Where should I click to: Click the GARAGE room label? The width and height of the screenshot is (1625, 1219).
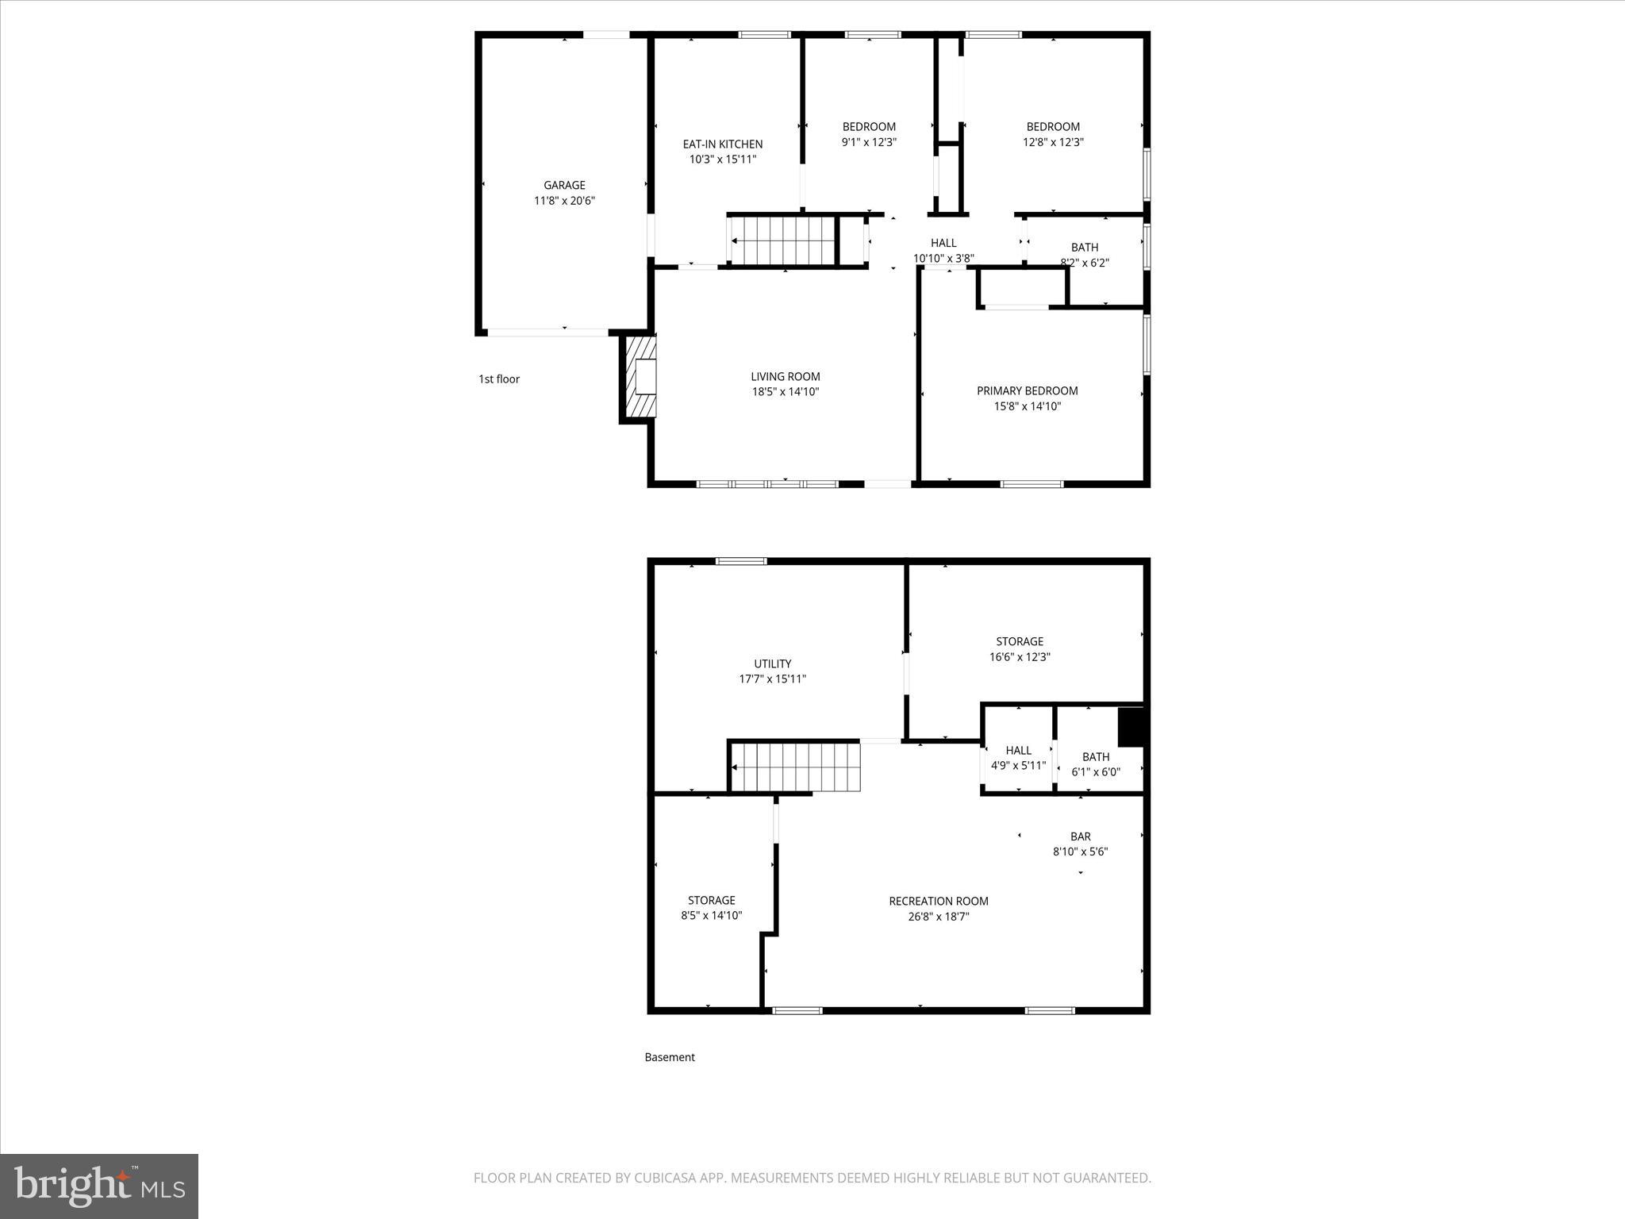564,185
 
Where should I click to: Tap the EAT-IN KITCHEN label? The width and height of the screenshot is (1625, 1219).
722,144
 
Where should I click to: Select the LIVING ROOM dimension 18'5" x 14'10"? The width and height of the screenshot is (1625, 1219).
785,392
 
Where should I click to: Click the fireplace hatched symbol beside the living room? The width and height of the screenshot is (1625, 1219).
641,376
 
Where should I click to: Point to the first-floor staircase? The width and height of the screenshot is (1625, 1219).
782,240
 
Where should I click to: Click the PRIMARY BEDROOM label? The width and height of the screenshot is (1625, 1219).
1027,390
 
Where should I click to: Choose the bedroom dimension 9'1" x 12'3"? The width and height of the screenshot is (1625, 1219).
869,142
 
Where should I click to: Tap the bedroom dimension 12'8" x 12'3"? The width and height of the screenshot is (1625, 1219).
1053,142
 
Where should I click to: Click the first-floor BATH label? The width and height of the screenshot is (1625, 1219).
1085,248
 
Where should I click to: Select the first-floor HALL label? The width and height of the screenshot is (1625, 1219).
943,243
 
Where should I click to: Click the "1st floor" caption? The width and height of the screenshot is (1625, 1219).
499,379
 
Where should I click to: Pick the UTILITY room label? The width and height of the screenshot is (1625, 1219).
772,663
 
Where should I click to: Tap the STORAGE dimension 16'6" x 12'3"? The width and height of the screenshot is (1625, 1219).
1020,657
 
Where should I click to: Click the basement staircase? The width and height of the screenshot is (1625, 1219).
795,767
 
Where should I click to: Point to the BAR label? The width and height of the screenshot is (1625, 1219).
1080,836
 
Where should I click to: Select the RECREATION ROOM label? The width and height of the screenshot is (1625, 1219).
938,901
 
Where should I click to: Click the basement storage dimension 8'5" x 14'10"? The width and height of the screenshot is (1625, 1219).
711,916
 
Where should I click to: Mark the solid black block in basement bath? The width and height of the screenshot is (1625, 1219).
1130,727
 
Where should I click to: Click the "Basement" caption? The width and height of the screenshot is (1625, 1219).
670,1057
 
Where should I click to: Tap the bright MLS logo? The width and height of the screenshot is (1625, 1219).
99,1186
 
